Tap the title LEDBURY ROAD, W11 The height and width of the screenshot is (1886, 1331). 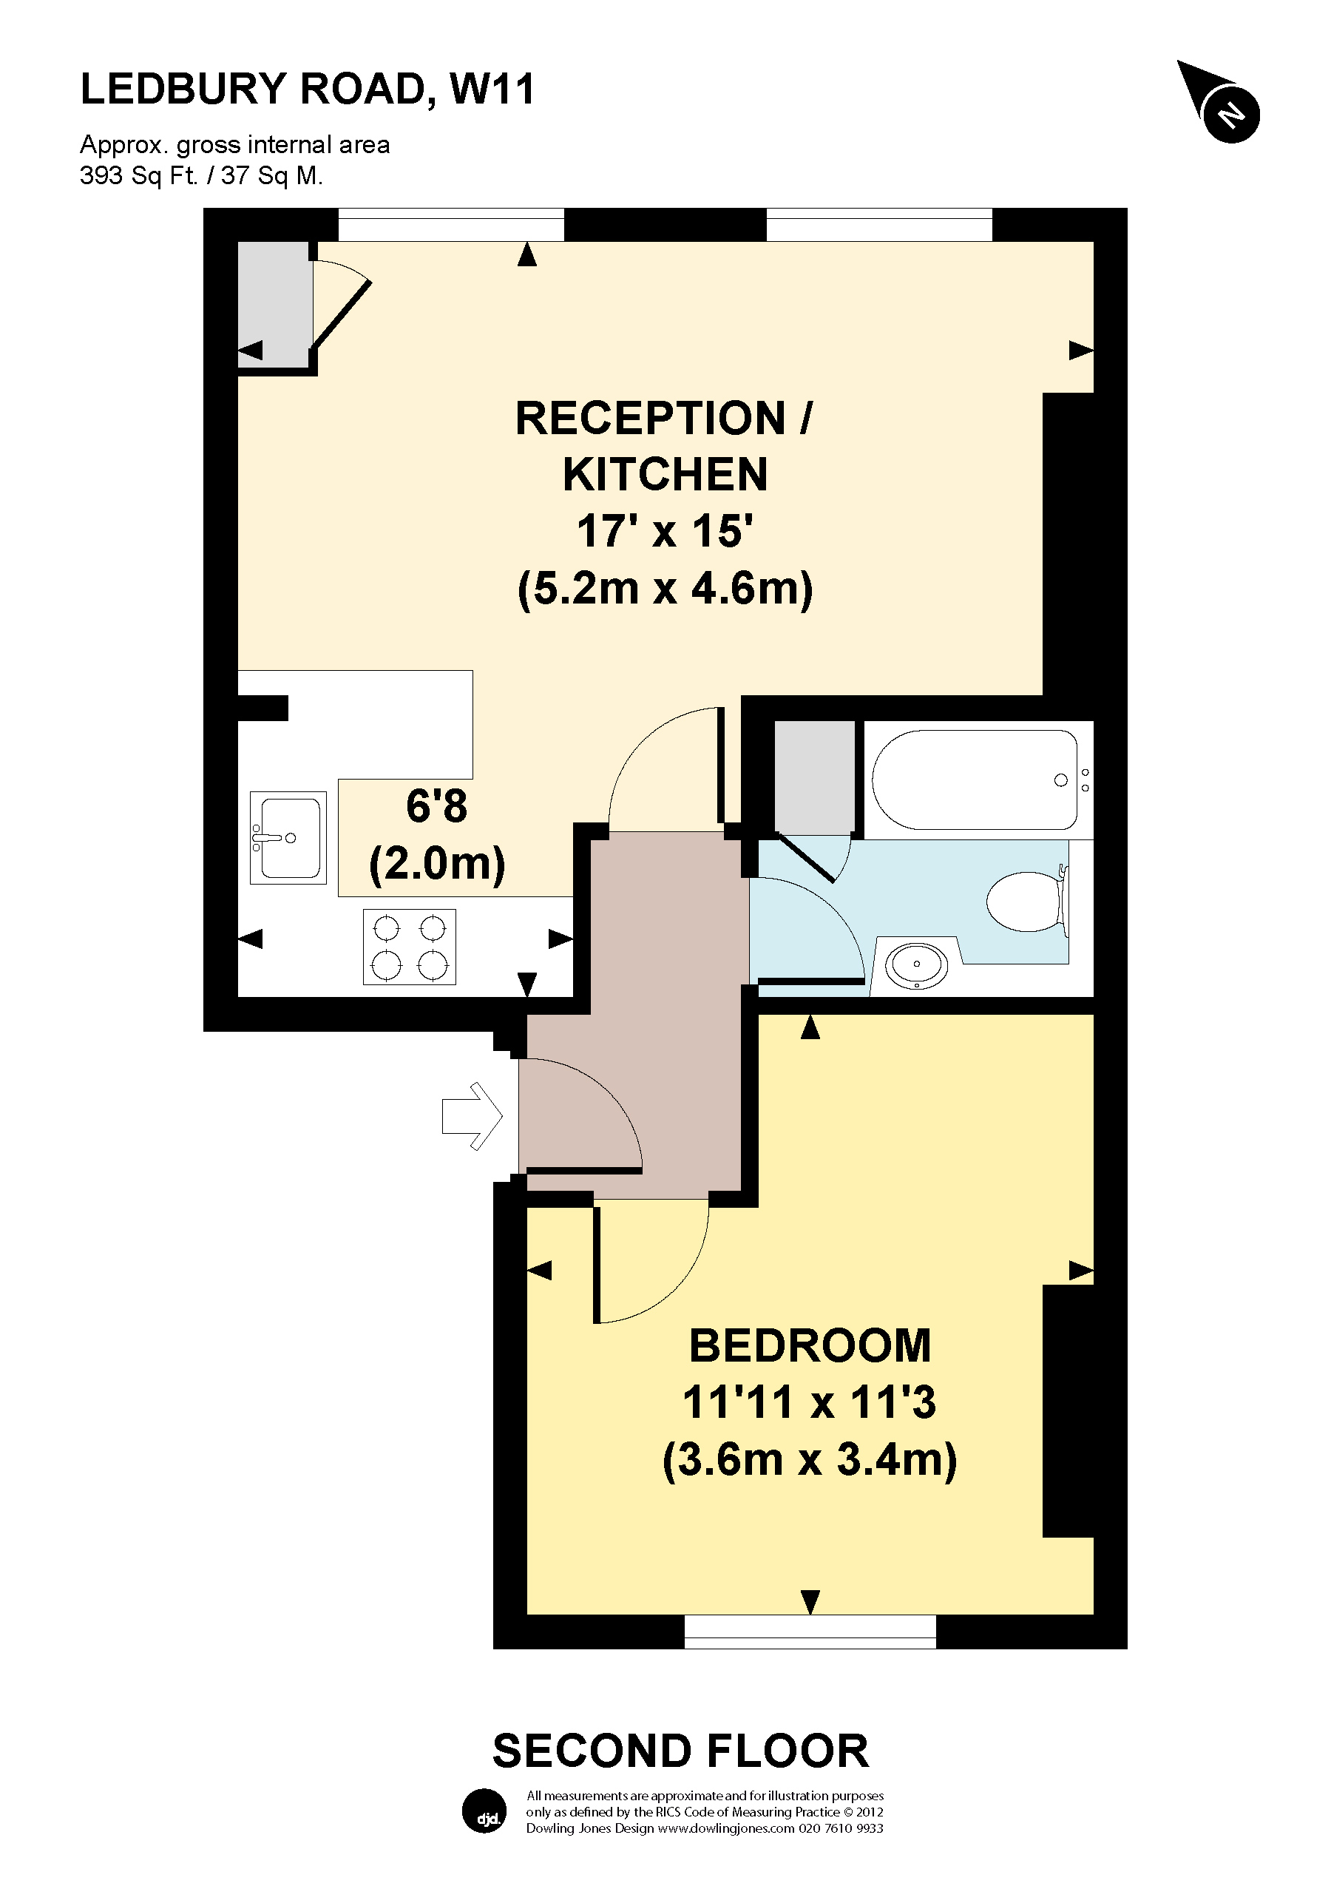click(x=307, y=89)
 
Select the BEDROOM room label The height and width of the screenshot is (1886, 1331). click(x=810, y=1346)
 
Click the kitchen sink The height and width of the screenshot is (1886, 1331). click(x=288, y=837)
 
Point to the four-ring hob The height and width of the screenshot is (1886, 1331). click(x=409, y=946)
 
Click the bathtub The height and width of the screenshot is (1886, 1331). click(x=975, y=780)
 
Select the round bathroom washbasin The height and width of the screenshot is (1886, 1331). click(x=916, y=964)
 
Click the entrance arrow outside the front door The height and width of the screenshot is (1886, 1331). click(x=471, y=1115)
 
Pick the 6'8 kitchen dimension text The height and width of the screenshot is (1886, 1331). click(x=436, y=806)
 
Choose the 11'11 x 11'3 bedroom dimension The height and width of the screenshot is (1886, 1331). click(x=809, y=1403)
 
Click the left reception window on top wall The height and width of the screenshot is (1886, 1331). click(x=451, y=224)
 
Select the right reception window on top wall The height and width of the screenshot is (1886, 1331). click(x=878, y=224)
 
